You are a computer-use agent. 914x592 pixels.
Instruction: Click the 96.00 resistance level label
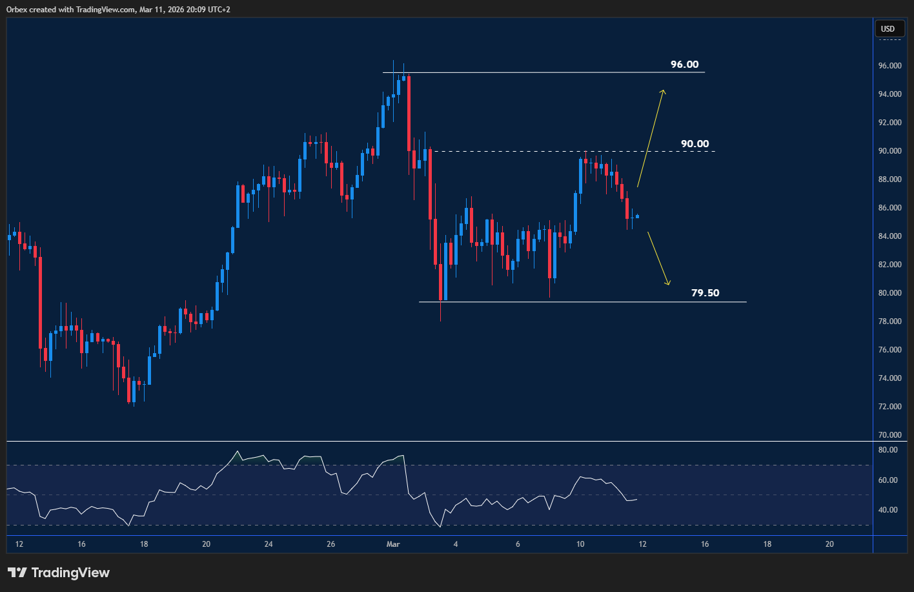[x=684, y=65]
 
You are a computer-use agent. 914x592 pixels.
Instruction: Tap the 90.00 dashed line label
[x=695, y=144]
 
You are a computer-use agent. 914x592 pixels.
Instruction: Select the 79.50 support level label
[x=705, y=293]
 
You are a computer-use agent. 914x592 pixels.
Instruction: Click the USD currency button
[x=888, y=28]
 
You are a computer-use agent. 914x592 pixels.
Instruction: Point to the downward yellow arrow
[x=658, y=258]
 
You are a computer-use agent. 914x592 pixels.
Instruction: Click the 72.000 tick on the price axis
[x=889, y=407]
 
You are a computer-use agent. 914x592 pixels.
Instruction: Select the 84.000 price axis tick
[x=889, y=236]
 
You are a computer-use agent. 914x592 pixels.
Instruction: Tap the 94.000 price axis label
[x=889, y=94]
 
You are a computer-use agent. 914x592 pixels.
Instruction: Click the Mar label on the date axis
[x=393, y=544]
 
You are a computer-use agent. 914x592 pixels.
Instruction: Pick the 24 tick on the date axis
[x=269, y=544]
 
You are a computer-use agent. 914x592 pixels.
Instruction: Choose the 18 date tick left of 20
[x=144, y=544]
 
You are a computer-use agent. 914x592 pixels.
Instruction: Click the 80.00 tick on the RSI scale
[x=888, y=450]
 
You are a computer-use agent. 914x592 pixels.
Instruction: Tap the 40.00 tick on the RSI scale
[x=888, y=510]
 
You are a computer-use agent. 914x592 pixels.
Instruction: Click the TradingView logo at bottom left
[x=59, y=573]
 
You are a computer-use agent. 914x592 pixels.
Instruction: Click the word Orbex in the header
[x=18, y=10]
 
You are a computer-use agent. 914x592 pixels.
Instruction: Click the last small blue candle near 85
[x=638, y=216]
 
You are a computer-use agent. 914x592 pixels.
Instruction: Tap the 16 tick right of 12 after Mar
[x=705, y=544]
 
